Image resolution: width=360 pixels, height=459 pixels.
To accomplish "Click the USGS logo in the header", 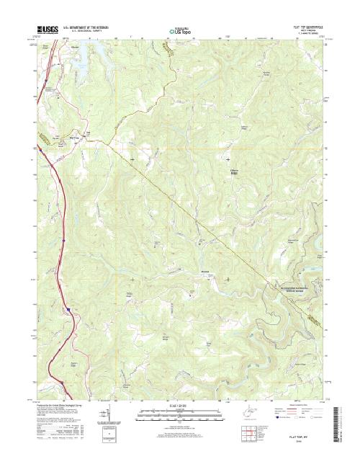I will point(45,31).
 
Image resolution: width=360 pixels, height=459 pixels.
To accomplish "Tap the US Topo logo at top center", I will point(179,31).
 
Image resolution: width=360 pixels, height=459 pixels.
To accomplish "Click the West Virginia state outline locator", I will point(240,415).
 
